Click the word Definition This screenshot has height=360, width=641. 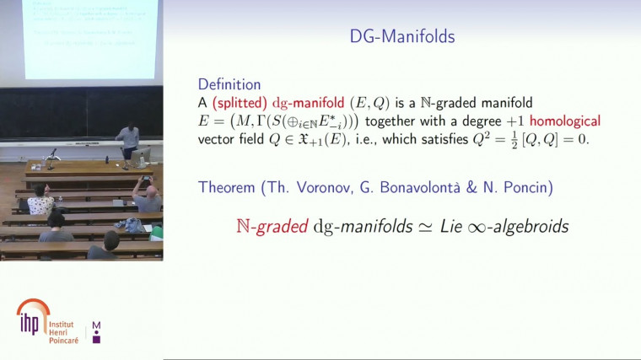(x=229, y=84)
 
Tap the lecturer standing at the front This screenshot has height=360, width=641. (x=129, y=139)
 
